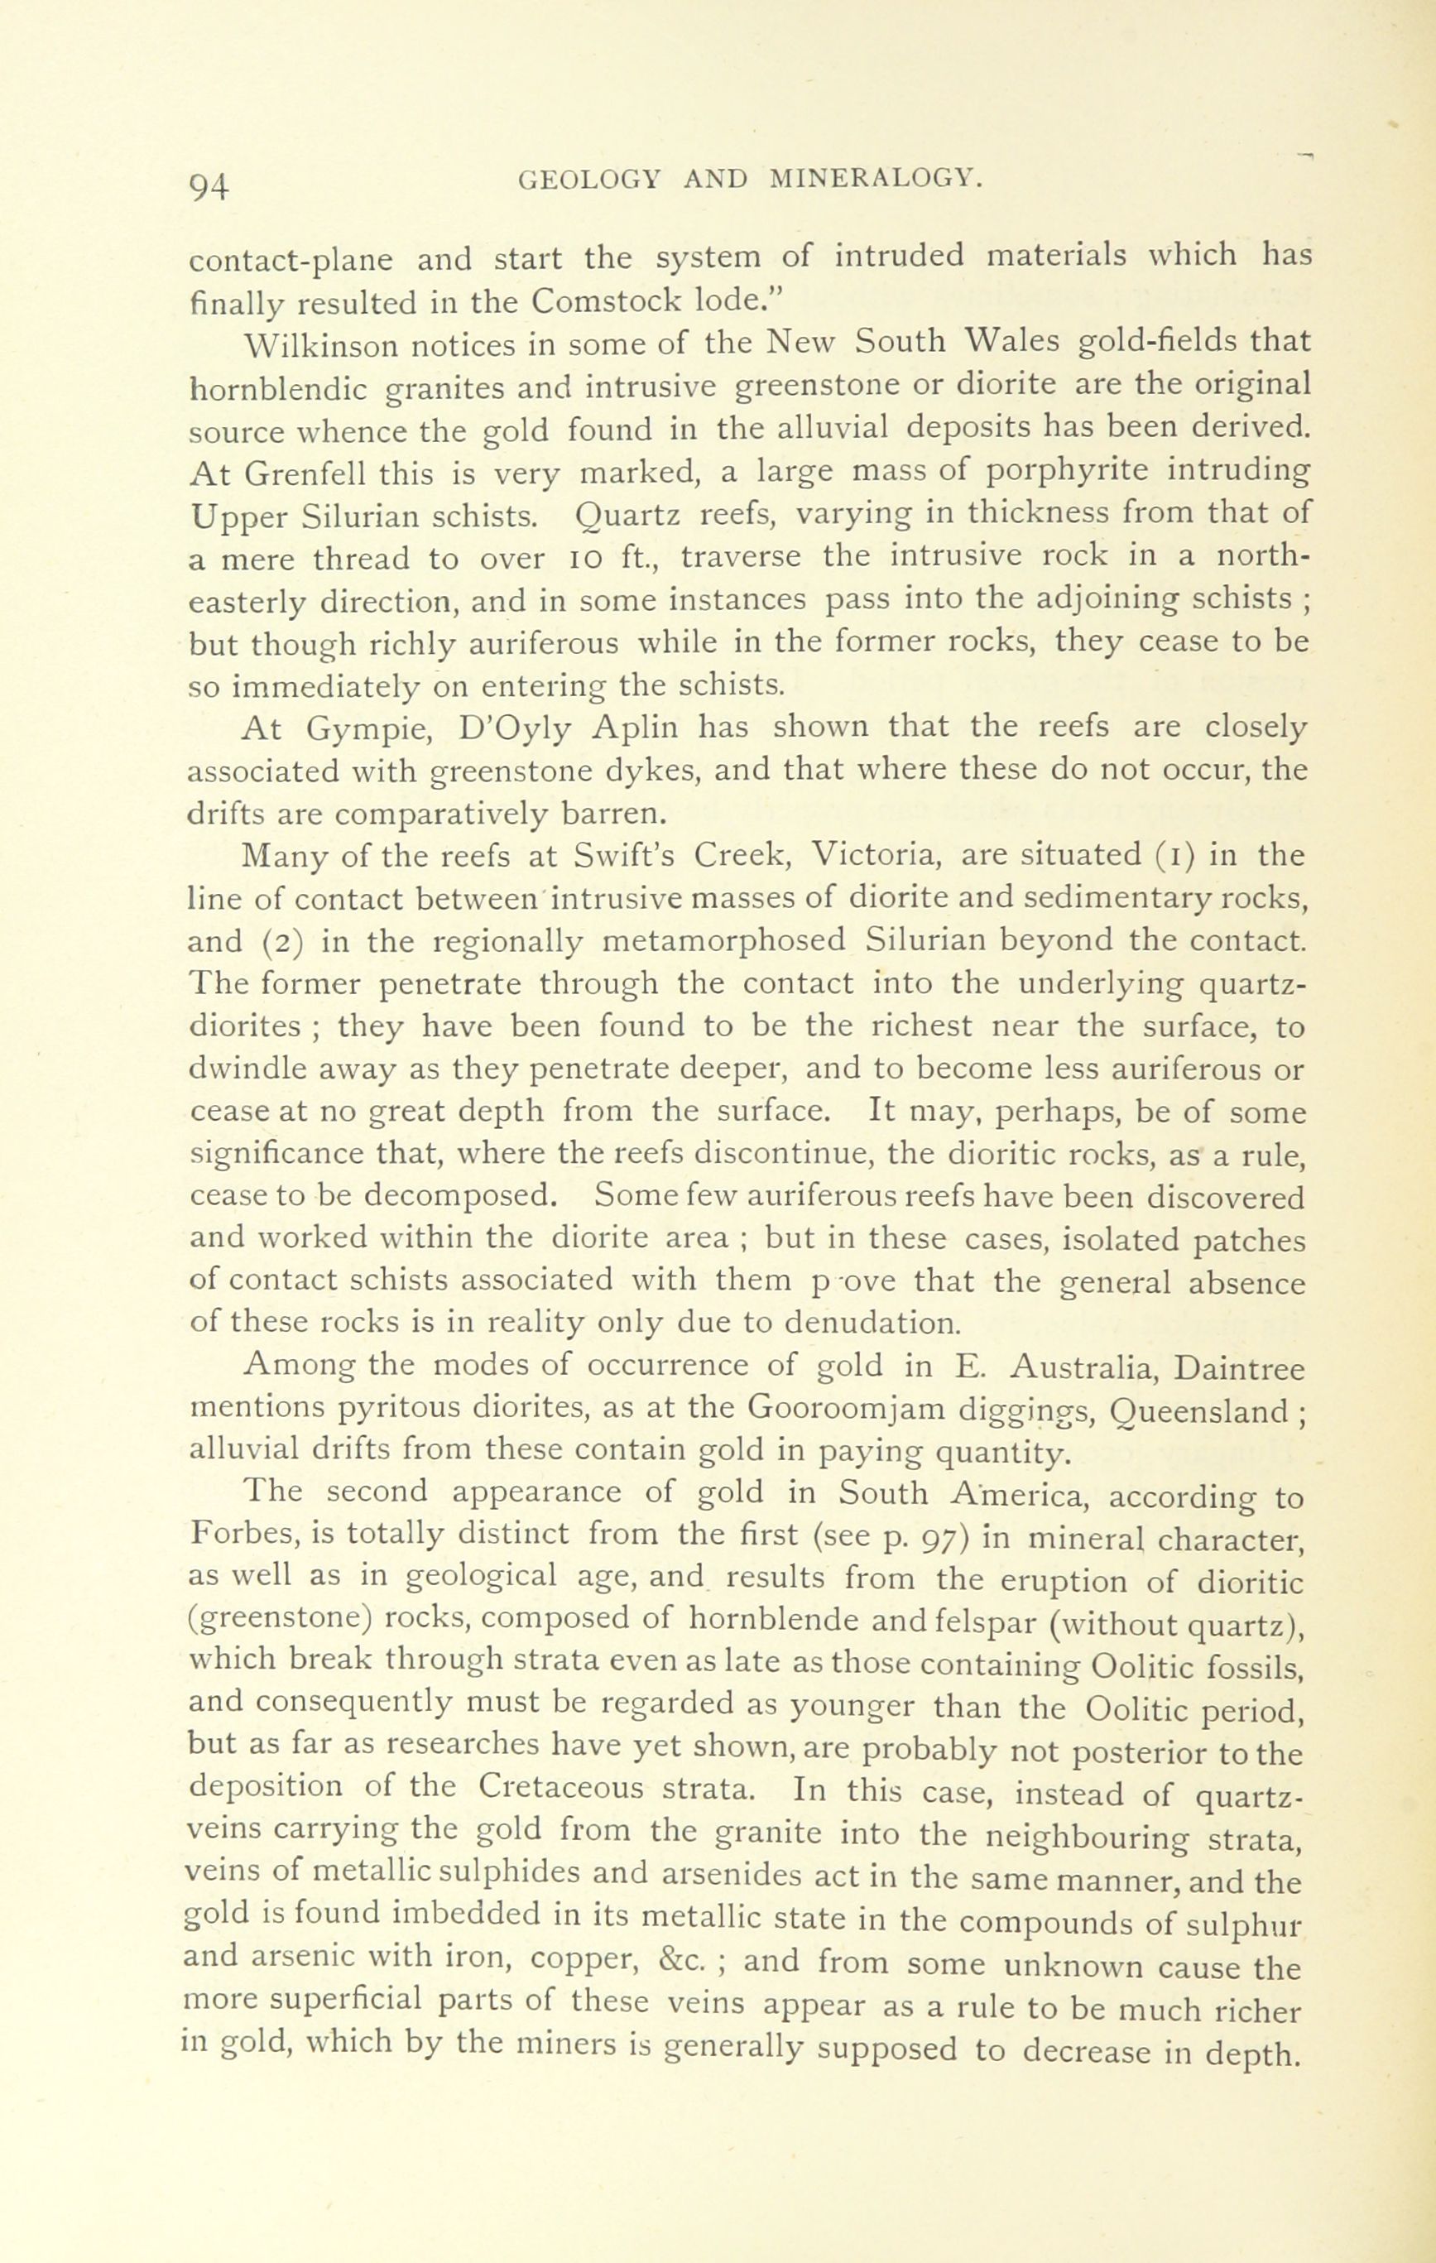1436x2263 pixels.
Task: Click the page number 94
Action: (x=209, y=187)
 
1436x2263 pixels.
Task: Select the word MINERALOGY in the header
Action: (x=876, y=180)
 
